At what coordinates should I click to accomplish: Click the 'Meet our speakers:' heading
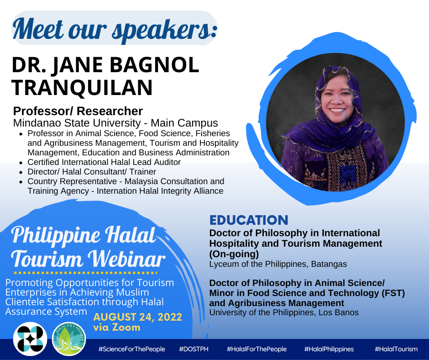(115, 30)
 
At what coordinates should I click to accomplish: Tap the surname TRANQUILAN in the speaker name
(82, 87)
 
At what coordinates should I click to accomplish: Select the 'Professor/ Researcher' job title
(78, 111)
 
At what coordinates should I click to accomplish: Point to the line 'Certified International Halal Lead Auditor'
(104, 162)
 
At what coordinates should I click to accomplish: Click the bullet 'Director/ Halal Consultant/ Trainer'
(92, 172)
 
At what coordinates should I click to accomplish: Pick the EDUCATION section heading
(249, 220)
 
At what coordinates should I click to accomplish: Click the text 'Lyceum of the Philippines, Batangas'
(278, 264)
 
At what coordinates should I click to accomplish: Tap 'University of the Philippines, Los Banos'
(284, 312)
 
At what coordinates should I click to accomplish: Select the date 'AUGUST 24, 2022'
(138, 317)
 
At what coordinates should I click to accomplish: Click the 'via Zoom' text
(117, 328)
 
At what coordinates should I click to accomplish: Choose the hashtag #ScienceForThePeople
(132, 349)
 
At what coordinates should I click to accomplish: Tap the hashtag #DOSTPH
(194, 349)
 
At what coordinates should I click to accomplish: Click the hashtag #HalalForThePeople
(256, 349)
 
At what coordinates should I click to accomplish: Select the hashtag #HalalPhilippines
(329, 349)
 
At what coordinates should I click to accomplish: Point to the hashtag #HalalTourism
(396, 349)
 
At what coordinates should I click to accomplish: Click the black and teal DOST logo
(30, 339)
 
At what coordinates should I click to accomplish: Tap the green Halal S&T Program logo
(69, 339)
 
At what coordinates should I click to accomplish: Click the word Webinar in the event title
(127, 259)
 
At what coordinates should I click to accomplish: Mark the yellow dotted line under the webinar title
(85, 273)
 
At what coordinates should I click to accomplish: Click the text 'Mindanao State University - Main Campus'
(115, 123)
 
